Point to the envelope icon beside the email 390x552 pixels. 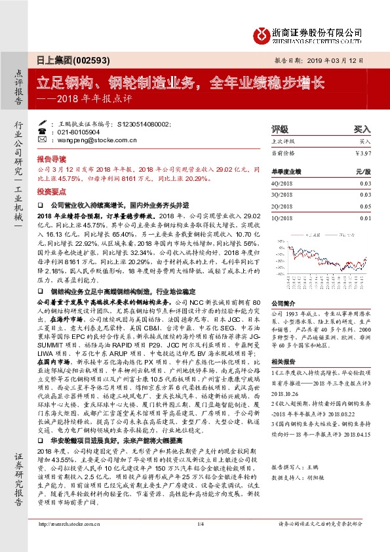click(x=53, y=140)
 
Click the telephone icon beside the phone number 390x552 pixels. click(x=53, y=131)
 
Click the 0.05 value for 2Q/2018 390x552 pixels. click(x=364, y=205)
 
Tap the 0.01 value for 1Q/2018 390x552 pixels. click(x=364, y=216)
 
